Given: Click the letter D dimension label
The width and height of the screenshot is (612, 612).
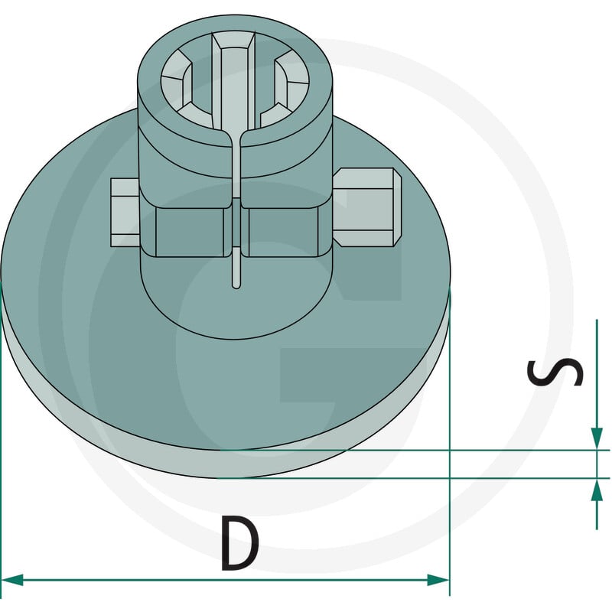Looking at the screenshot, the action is tap(239, 543).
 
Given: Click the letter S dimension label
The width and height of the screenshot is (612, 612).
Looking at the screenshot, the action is tap(555, 372).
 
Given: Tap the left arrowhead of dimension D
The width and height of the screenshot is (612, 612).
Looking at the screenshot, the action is tap(11, 580).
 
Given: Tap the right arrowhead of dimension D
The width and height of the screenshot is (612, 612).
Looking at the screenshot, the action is tap(438, 580).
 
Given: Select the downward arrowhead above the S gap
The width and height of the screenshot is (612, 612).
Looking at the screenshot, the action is tap(597, 438).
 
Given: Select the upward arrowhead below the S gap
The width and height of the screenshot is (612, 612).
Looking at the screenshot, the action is tap(597, 490).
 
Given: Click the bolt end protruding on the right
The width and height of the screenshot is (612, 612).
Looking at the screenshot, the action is tap(367, 207).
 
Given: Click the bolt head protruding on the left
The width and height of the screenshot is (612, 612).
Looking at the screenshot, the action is tap(125, 213).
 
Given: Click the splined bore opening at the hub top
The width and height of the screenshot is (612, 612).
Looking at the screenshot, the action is tap(235, 81).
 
